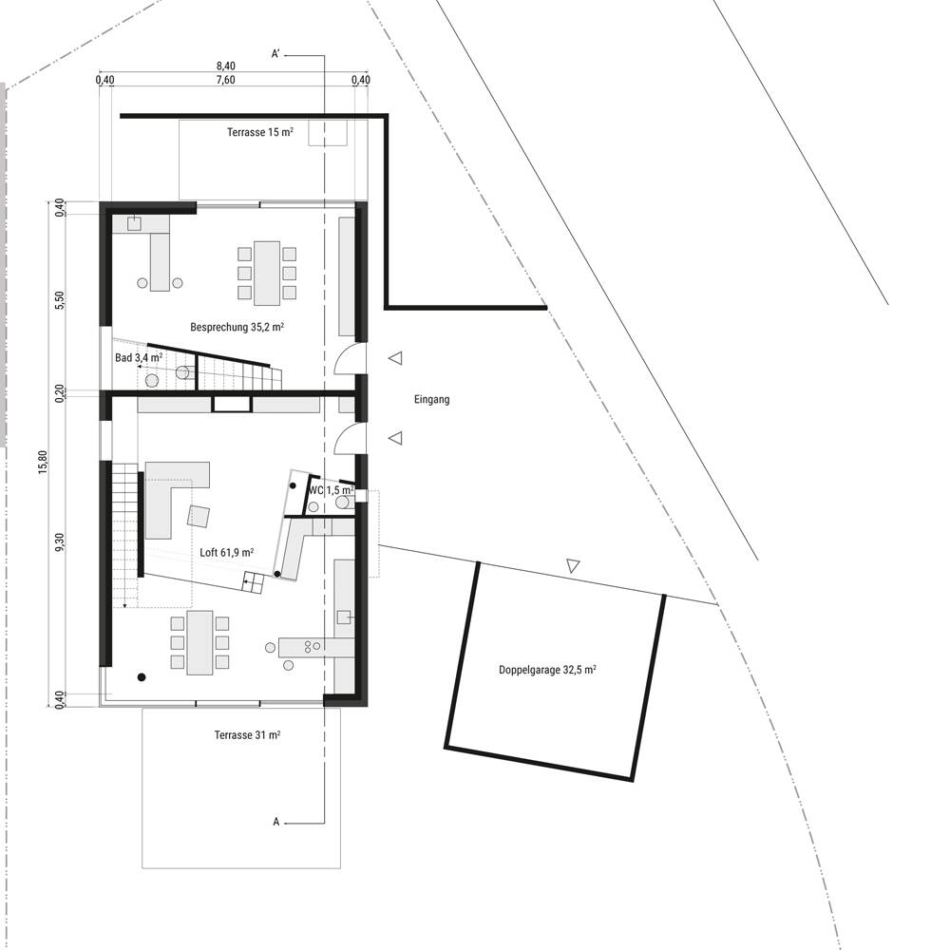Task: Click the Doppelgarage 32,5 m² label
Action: tap(547, 670)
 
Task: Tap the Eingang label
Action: tap(432, 400)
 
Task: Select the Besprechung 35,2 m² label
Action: tap(237, 327)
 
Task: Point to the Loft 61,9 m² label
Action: tap(227, 553)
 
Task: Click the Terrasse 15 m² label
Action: tap(260, 132)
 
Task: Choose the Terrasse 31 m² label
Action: tap(247, 735)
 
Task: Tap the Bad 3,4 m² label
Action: tap(139, 358)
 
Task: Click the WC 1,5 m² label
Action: tap(332, 490)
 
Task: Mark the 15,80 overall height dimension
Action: tap(43, 462)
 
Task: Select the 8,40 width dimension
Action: tap(225, 66)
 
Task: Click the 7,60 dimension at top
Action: tap(225, 80)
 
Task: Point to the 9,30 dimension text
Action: tap(59, 542)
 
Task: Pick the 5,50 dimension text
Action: tap(59, 300)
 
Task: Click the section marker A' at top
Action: tap(275, 54)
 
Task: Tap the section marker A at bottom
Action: tap(276, 822)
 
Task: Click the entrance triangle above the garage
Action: tap(573, 566)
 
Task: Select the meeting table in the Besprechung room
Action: tap(267, 274)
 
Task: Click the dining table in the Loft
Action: tap(199, 642)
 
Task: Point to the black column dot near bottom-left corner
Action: tap(142, 677)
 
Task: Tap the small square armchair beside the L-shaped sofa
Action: tap(199, 516)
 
